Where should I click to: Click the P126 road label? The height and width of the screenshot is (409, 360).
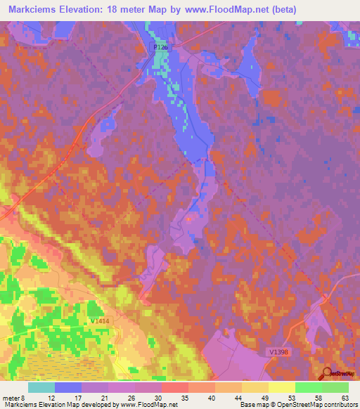161,47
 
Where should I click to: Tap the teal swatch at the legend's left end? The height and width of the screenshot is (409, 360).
41,387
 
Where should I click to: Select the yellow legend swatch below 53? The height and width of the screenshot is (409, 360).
281,387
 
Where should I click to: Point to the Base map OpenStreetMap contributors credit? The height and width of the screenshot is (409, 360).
299,404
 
